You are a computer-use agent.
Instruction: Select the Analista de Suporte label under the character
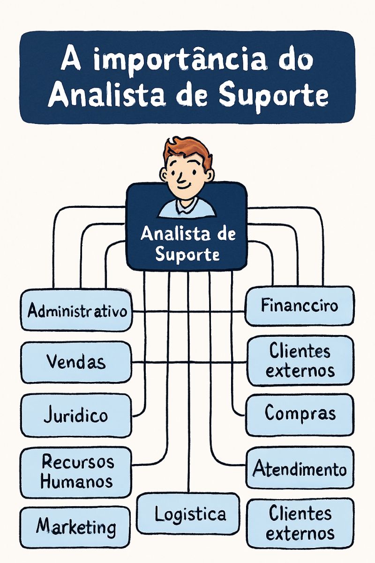[187, 244]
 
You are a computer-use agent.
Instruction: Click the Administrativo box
[76, 310]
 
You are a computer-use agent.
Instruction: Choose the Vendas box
[76, 362]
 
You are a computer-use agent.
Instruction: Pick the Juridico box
[76, 415]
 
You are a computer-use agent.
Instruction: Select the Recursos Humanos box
[76, 472]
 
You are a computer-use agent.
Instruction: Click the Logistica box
[189, 514]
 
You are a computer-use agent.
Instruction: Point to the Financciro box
[300, 306]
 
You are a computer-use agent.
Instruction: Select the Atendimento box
[300, 468]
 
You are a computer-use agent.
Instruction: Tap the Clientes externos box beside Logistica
[300, 523]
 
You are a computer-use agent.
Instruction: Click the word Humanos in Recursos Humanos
[76, 481]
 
